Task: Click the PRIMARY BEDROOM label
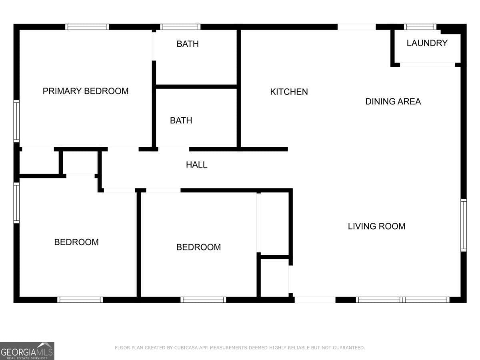[86, 91]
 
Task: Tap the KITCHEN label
[289, 92]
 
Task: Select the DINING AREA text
[393, 102]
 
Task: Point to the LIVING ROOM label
[376, 226]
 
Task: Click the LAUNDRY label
[427, 43]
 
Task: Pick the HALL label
[196, 164]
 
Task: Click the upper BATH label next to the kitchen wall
[188, 44]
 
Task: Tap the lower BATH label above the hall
[181, 120]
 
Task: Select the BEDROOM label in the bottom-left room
[76, 242]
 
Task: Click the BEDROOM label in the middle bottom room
[198, 247]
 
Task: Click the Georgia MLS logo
[27, 351]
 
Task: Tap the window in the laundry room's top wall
[420, 27]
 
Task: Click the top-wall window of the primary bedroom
[87, 27]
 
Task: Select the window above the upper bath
[180, 27]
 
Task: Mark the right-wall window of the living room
[464, 225]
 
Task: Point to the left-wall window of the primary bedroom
[16, 121]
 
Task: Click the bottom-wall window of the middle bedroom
[203, 300]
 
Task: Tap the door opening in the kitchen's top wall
[357, 27]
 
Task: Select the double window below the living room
[402, 300]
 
